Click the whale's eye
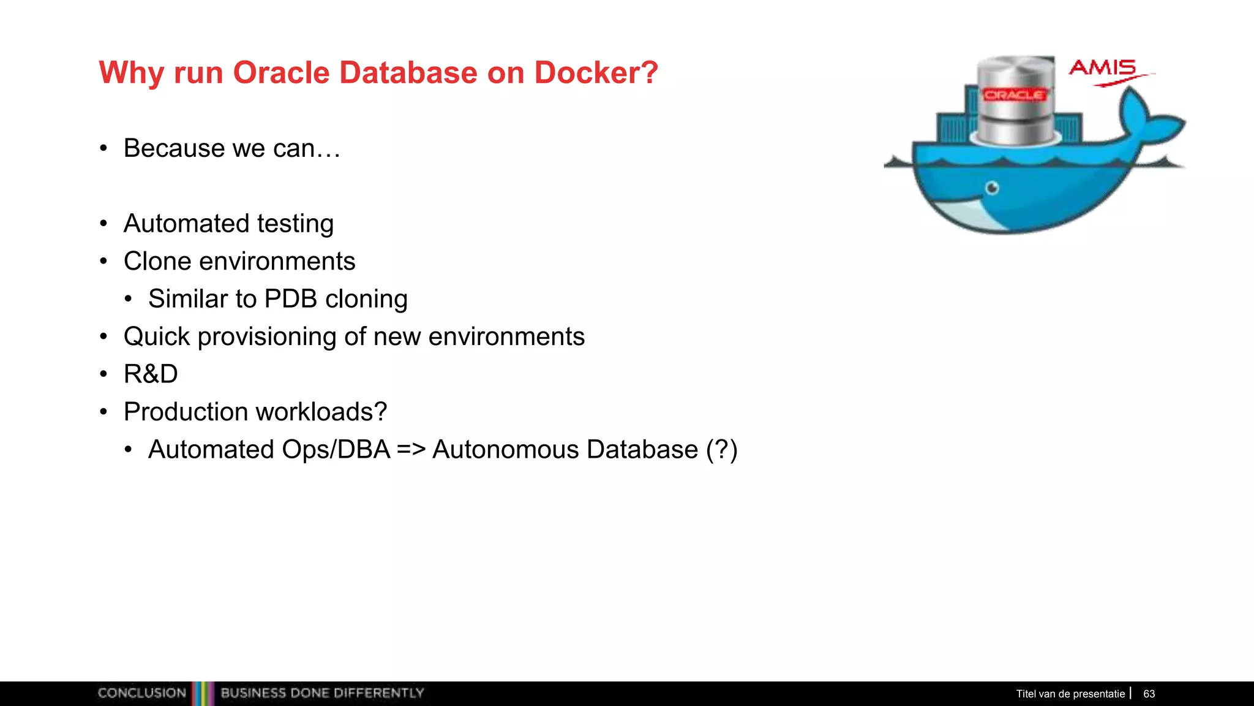click(993, 188)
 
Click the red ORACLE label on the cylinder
click(1015, 95)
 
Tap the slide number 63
click(1149, 694)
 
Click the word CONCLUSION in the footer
click(141, 693)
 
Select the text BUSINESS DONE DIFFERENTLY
click(322, 693)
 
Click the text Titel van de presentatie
click(1070, 694)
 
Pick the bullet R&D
click(151, 374)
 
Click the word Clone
click(158, 262)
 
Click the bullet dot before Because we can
click(103, 148)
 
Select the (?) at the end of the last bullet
click(721, 450)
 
